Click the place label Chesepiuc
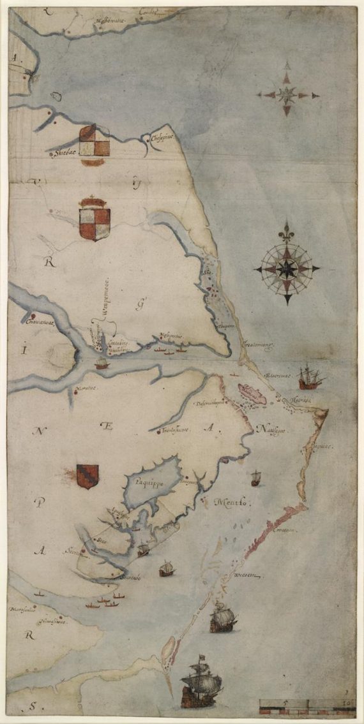tap(162, 138)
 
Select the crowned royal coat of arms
tap(93, 219)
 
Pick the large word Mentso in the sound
tap(232, 501)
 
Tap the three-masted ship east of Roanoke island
tap(310, 376)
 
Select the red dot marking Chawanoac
tap(30, 316)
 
